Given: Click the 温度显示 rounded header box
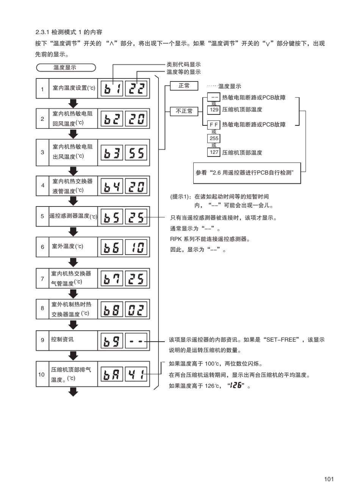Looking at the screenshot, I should [x=66, y=68].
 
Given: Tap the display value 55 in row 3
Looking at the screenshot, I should [x=136, y=153].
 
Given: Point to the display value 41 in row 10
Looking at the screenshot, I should [x=136, y=375].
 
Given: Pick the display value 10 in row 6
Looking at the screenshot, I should [x=136, y=247].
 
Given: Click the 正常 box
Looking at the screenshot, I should [x=184, y=86].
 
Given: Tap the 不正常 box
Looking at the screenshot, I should [x=184, y=111].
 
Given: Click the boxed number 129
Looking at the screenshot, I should [x=214, y=110].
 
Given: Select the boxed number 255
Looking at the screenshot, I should [x=214, y=139].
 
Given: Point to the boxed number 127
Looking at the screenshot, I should [x=214, y=152].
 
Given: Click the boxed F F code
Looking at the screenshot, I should [x=214, y=125].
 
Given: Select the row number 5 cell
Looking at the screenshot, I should [x=42, y=216].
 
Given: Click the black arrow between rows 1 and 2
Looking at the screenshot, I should [x=73, y=103].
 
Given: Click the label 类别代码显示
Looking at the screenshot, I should [x=183, y=65].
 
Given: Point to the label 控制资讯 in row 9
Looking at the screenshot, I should [x=63, y=339].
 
